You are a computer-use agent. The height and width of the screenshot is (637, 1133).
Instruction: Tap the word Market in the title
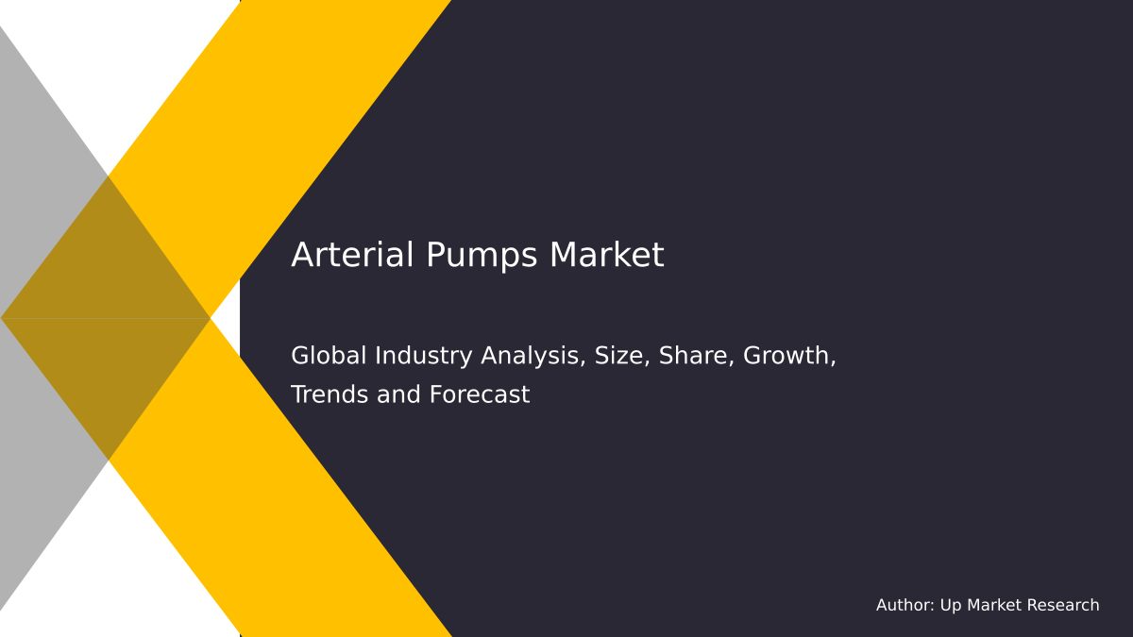point(607,256)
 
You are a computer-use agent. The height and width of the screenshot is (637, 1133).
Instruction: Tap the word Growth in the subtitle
point(789,356)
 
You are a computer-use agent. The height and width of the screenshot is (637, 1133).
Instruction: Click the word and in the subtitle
point(400,394)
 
